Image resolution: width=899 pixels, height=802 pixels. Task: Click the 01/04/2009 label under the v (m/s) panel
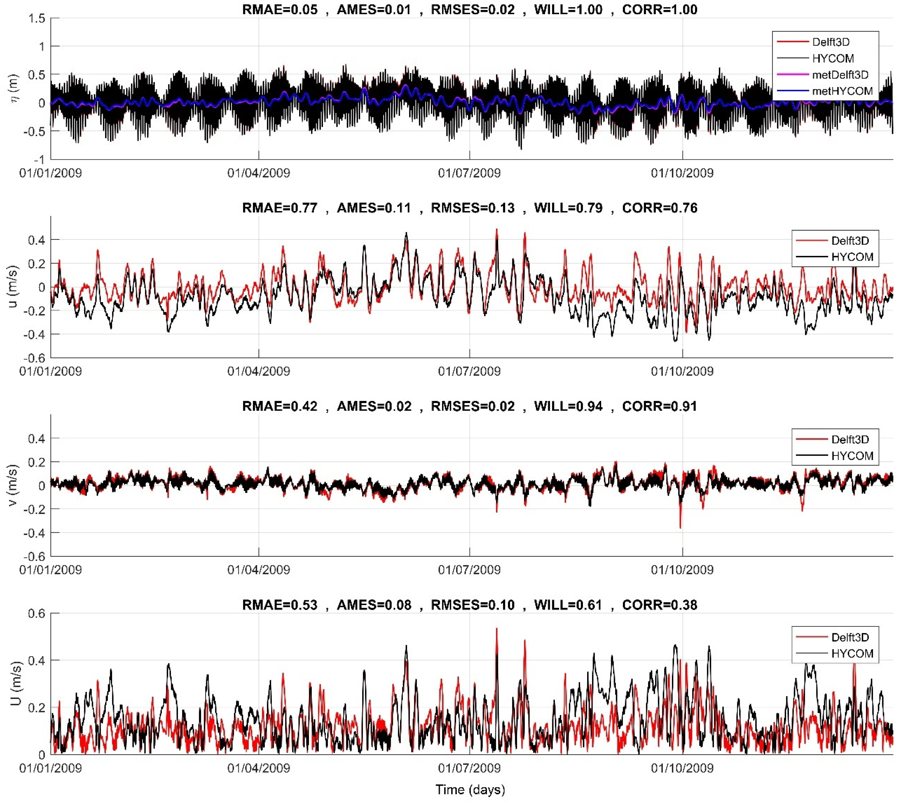(259, 570)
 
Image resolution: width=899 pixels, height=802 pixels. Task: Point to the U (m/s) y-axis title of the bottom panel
(15, 683)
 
